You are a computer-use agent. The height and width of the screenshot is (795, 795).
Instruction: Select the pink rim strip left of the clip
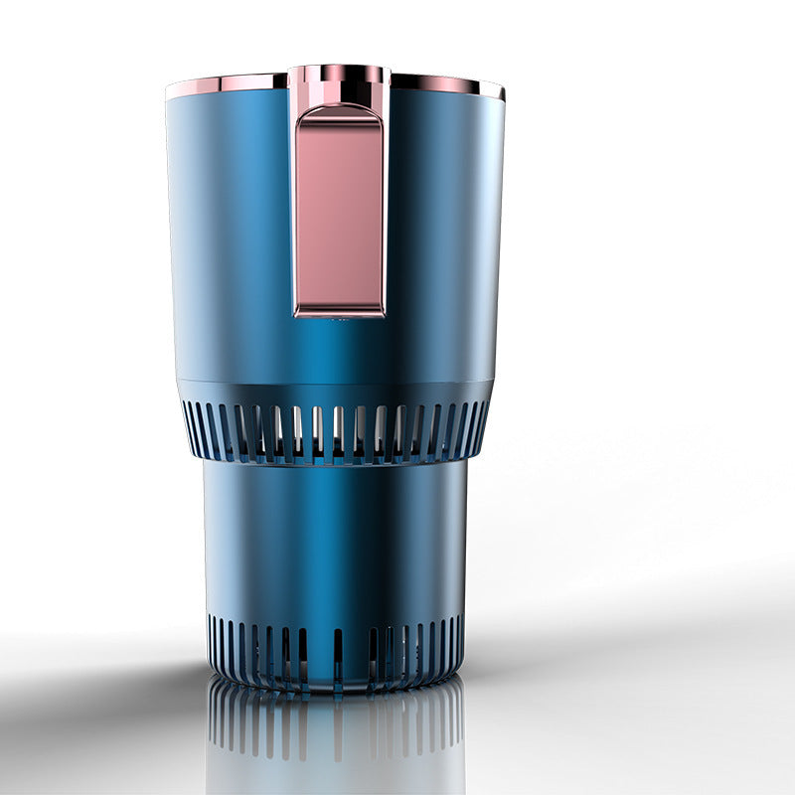click(227, 82)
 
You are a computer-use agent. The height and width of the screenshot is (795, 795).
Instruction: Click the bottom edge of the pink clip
click(339, 312)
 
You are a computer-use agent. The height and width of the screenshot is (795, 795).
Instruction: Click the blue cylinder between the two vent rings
click(335, 537)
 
